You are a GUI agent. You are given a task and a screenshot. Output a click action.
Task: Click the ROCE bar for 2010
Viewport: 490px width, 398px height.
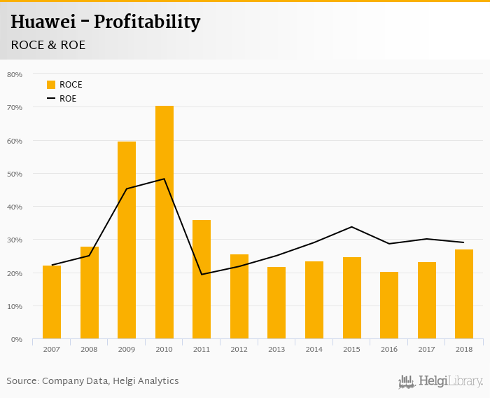coord(164,222)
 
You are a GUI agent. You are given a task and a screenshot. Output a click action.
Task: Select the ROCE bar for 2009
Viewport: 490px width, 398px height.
coord(127,240)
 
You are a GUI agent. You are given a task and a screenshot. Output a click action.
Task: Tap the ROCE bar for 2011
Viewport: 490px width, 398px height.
coord(202,280)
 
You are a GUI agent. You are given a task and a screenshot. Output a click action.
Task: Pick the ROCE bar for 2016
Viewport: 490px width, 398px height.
coord(389,306)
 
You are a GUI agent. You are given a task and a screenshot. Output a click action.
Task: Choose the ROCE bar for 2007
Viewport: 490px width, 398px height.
coord(52,302)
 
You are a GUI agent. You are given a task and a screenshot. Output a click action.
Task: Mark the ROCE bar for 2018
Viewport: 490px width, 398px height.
coord(464,294)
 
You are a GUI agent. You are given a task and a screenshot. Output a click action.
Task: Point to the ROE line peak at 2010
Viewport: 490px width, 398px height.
coord(164,179)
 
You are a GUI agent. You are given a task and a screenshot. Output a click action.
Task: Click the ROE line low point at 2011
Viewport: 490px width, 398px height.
coord(202,274)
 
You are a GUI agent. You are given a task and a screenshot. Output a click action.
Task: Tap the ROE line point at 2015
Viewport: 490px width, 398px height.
coord(351,227)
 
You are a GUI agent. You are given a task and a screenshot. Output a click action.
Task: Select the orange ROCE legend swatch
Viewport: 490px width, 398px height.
coord(51,85)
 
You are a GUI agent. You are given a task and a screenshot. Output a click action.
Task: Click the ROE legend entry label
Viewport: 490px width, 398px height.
coord(68,99)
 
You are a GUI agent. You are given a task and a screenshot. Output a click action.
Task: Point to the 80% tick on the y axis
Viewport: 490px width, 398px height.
coord(15,74)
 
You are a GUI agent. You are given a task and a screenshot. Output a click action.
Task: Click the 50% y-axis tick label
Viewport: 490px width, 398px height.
coord(15,174)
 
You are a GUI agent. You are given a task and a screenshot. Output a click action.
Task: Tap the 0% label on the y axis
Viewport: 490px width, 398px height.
coord(17,339)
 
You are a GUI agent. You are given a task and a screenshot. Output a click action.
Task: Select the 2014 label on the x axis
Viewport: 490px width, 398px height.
coord(314,349)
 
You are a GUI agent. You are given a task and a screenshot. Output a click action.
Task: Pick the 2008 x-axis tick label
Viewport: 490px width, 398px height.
coord(90,349)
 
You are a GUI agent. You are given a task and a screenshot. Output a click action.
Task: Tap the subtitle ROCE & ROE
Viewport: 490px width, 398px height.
coord(48,45)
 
